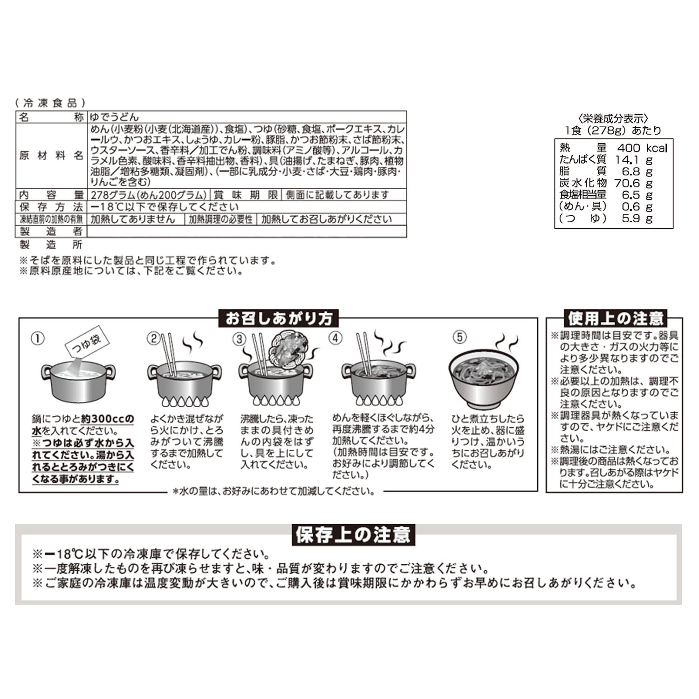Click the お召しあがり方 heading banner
coord(279,318)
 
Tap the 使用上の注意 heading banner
coord(615,318)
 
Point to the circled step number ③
coord(240,339)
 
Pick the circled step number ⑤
coord(459,337)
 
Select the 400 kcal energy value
coord(642,148)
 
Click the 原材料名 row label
coord(51,156)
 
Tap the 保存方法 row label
coord(51,207)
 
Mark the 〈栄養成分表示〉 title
coord(613,119)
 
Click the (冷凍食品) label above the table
coord(50,103)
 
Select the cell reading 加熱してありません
coord(133,219)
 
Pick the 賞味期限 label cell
coord(246,195)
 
